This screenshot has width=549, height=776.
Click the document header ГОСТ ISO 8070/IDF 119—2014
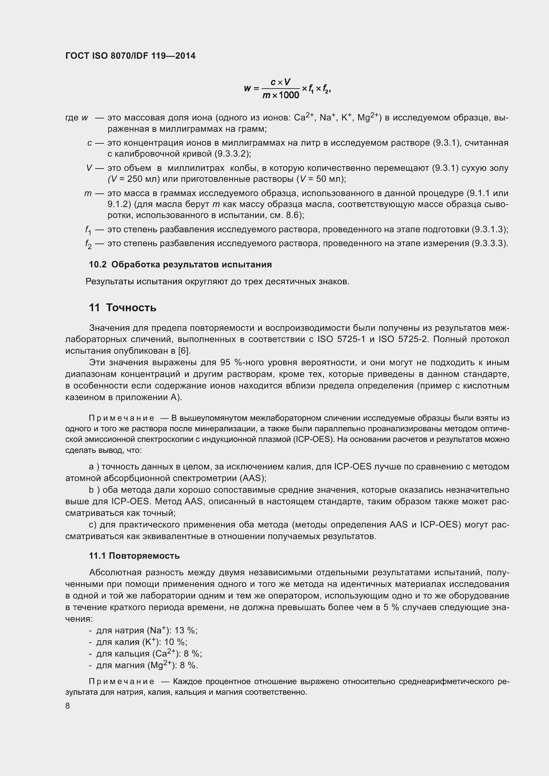click(x=130, y=56)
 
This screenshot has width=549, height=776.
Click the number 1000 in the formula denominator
click(x=289, y=95)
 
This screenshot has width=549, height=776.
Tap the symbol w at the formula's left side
click(x=247, y=89)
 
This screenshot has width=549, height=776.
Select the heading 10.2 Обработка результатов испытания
click(x=180, y=264)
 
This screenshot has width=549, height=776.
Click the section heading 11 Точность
click(x=123, y=308)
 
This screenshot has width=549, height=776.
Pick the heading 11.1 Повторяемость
click(x=134, y=556)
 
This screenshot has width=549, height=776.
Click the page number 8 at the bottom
click(x=68, y=706)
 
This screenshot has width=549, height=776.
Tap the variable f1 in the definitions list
click(x=88, y=230)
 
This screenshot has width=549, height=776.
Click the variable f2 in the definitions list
click(x=88, y=245)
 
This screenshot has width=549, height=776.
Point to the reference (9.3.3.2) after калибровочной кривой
click(x=233, y=154)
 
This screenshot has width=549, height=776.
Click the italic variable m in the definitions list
click(x=88, y=193)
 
